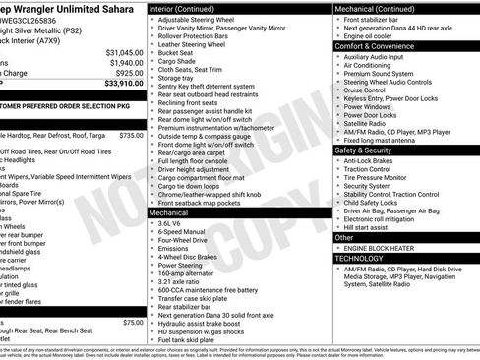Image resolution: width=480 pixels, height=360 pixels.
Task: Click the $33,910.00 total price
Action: [x=119, y=83]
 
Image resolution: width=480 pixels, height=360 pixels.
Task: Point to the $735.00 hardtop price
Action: [x=131, y=135]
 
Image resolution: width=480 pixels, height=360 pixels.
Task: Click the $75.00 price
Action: [x=133, y=322]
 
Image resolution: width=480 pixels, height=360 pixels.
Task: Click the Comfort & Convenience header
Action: [x=376, y=45]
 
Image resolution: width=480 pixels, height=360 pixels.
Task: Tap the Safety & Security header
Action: [x=364, y=150]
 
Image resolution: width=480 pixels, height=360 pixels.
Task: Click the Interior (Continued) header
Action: [x=186, y=8]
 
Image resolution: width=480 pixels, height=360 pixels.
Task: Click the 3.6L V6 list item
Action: [x=174, y=223]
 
